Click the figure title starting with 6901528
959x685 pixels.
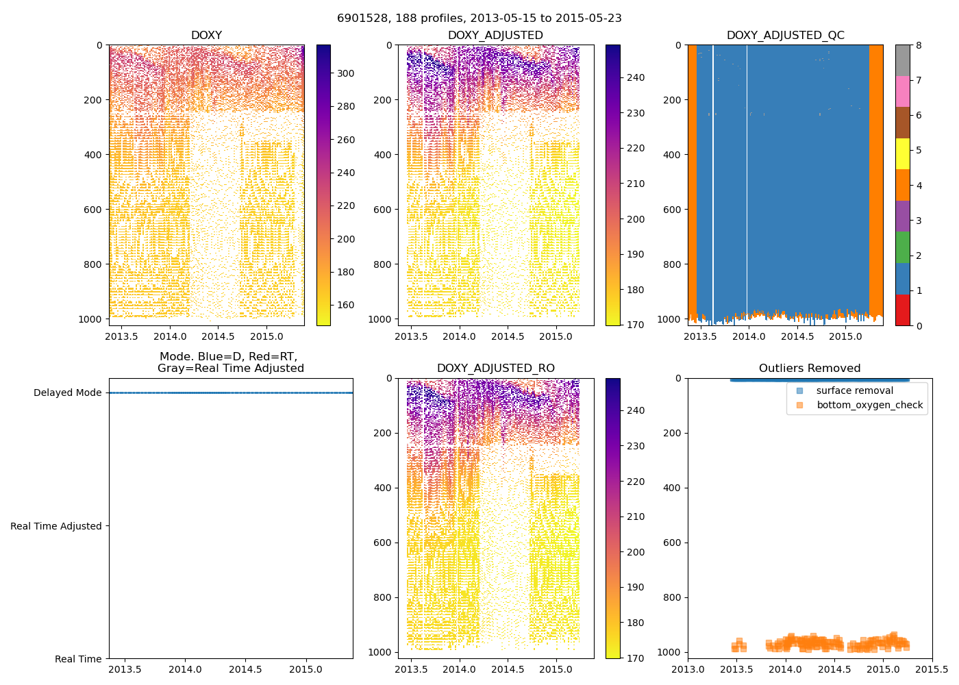(x=480, y=18)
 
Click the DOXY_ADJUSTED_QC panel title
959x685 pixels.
(x=785, y=36)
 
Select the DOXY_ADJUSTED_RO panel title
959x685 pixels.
(x=495, y=369)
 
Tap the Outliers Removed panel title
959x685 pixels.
(x=809, y=369)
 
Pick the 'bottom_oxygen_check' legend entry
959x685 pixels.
(x=869, y=406)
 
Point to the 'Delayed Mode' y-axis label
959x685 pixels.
(x=67, y=393)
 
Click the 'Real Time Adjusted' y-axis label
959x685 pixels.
(x=56, y=527)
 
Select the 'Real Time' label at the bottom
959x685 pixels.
(x=78, y=660)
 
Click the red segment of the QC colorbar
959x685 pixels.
(x=903, y=310)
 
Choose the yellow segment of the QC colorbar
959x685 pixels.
(x=903, y=153)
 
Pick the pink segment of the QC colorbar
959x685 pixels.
(x=903, y=91)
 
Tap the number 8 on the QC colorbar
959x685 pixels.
(x=919, y=46)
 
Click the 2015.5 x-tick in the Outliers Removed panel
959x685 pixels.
(x=932, y=669)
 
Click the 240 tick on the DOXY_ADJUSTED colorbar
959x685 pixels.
(x=635, y=78)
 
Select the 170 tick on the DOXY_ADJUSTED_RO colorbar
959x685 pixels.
(x=635, y=658)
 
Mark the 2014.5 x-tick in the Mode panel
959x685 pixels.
(x=245, y=669)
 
